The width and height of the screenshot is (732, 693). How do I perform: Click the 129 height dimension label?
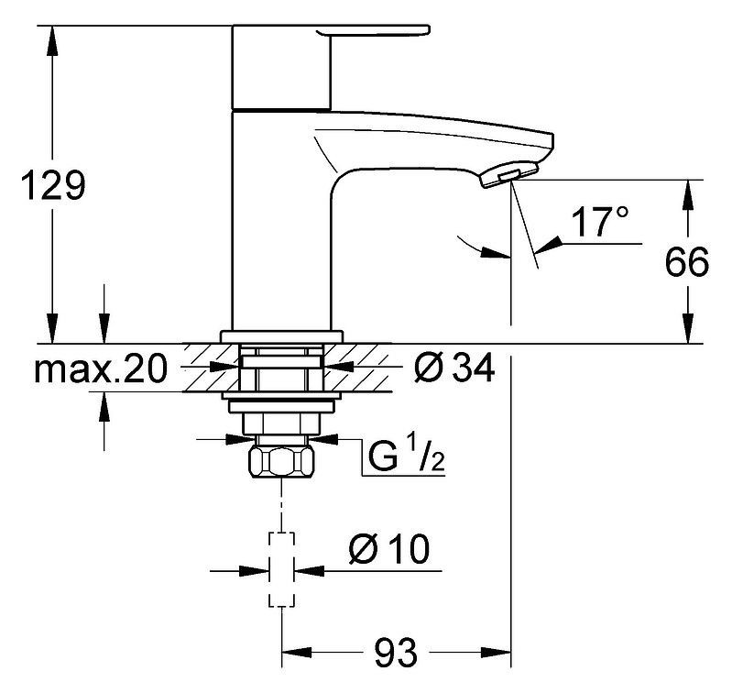pos(54,185)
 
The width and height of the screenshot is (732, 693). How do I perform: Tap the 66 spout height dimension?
pos(687,262)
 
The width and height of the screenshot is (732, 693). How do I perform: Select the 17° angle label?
pos(599,222)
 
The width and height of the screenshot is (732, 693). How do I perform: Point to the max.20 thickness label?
pos(101,368)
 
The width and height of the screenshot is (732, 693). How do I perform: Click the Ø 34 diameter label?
pos(453,368)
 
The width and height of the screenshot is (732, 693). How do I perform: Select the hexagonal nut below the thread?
pos(281,462)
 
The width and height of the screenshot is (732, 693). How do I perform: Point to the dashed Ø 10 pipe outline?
pos(281,570)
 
